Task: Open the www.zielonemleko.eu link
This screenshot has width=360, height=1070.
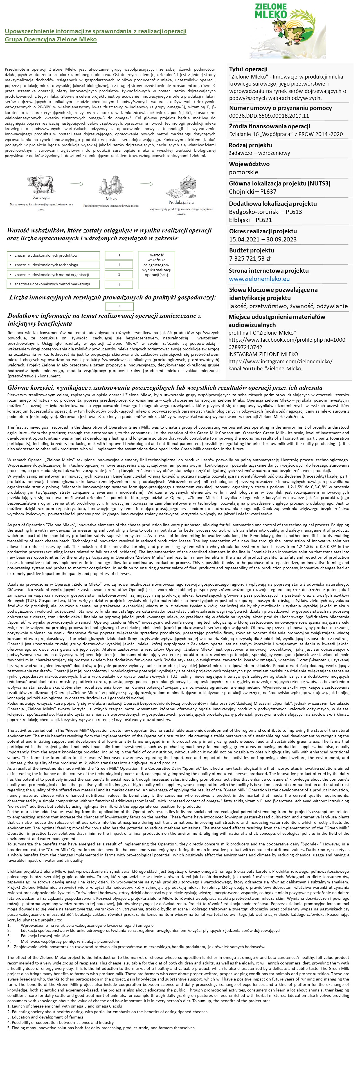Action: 259,279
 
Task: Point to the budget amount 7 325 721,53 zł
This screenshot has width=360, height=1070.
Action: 249,258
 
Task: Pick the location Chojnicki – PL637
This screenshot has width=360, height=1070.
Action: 253,191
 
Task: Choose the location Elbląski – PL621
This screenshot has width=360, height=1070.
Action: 250,220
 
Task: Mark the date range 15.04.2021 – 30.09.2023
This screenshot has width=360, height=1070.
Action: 263,239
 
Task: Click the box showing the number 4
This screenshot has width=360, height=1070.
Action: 119,306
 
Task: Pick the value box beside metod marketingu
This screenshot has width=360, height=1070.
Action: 119,285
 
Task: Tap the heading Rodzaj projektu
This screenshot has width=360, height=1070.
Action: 250,145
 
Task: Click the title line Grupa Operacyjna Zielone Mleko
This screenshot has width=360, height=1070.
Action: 51,39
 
